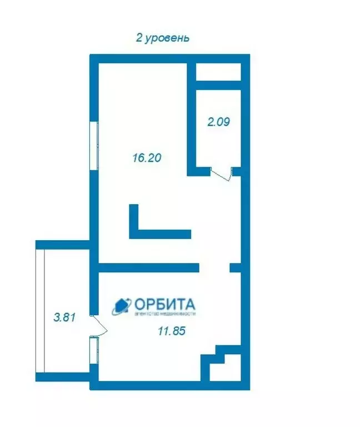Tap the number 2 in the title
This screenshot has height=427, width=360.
(x=139, y=38)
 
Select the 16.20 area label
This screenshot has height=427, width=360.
(x=146, y=158)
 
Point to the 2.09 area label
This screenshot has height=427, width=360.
(x=218, y=122)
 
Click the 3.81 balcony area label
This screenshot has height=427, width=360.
(x=63, y=318)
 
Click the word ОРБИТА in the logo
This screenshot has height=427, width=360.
(x=164, y=304)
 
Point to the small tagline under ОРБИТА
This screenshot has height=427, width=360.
(x=165, y=314)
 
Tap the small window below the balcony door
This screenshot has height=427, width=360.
(x=94, y=350)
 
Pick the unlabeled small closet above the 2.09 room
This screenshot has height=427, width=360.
(x=218, y=72)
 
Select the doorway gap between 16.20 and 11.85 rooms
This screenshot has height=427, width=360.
(x=214, y=268)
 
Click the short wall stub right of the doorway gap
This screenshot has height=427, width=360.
(x=236, y=268)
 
